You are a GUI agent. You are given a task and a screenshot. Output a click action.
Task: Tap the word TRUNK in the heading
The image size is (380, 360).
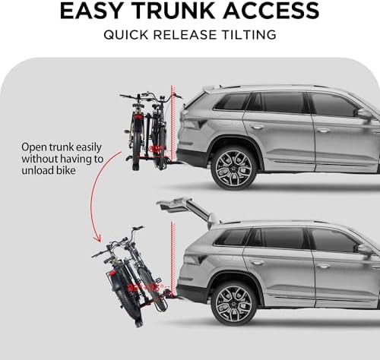click(x=177, y=11)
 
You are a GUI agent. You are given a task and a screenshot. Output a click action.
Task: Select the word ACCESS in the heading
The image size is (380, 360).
click(x=270, y=11)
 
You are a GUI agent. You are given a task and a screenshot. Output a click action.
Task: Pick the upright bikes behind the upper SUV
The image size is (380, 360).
click(x=147, y=129)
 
